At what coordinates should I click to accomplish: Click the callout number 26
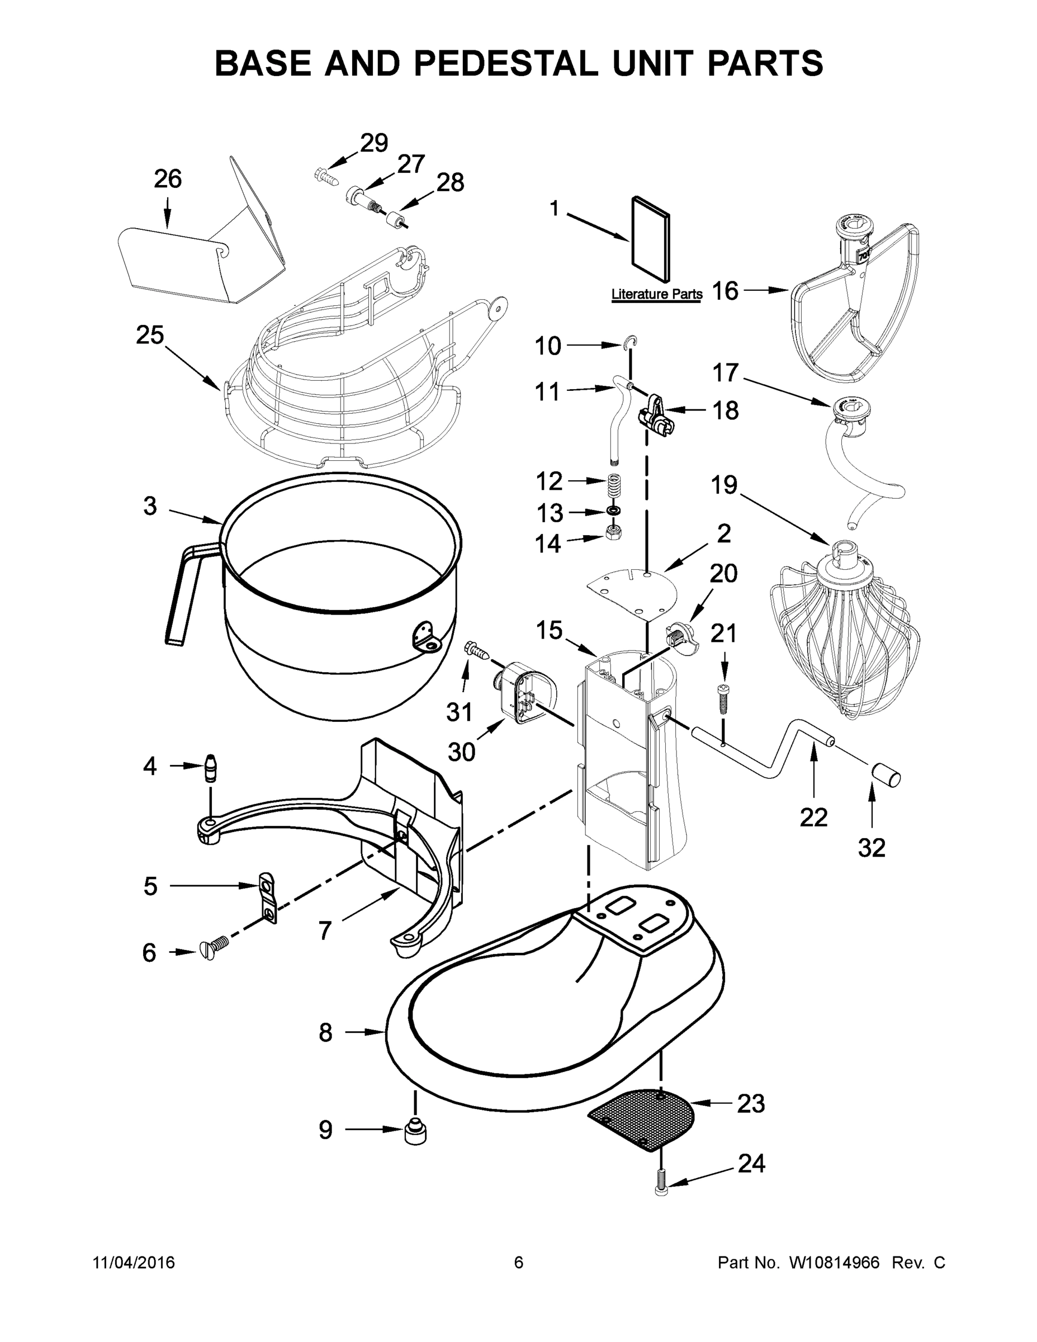pos(168,179)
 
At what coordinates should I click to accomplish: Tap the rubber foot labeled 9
pos(415,1131)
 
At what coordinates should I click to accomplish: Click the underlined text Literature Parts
pos(657,294)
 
